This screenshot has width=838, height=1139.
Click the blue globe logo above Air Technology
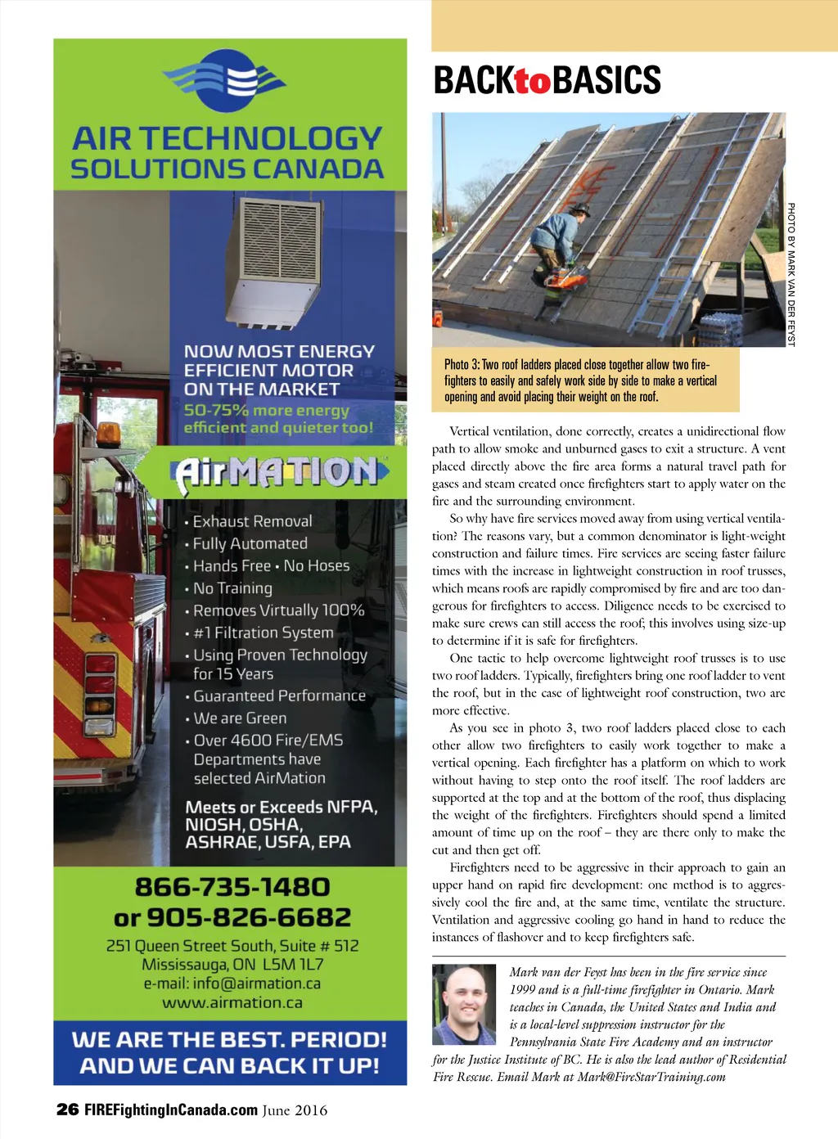tap(226, 81)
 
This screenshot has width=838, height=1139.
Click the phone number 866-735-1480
tap(232, 887)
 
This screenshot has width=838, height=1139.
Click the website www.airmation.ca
tap(232, 1002)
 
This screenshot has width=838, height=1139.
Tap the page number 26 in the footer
tap(67, 1110)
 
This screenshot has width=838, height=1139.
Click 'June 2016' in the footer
tap(295, 1110)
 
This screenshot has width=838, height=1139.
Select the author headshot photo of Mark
tap(464, 1004)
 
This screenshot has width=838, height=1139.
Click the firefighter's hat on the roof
tap(579, 209)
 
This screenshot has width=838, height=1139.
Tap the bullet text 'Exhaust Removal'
tap(252, 521)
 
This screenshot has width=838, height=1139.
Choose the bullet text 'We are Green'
tap(240, 718)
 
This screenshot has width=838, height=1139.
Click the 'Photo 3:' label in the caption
tap(462, 365)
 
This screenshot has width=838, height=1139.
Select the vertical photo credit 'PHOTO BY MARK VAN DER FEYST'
tap(791, 274)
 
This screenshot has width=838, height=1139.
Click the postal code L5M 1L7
tap(293, 965)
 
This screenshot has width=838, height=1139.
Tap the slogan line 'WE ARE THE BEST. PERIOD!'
tap(229, 1040)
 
